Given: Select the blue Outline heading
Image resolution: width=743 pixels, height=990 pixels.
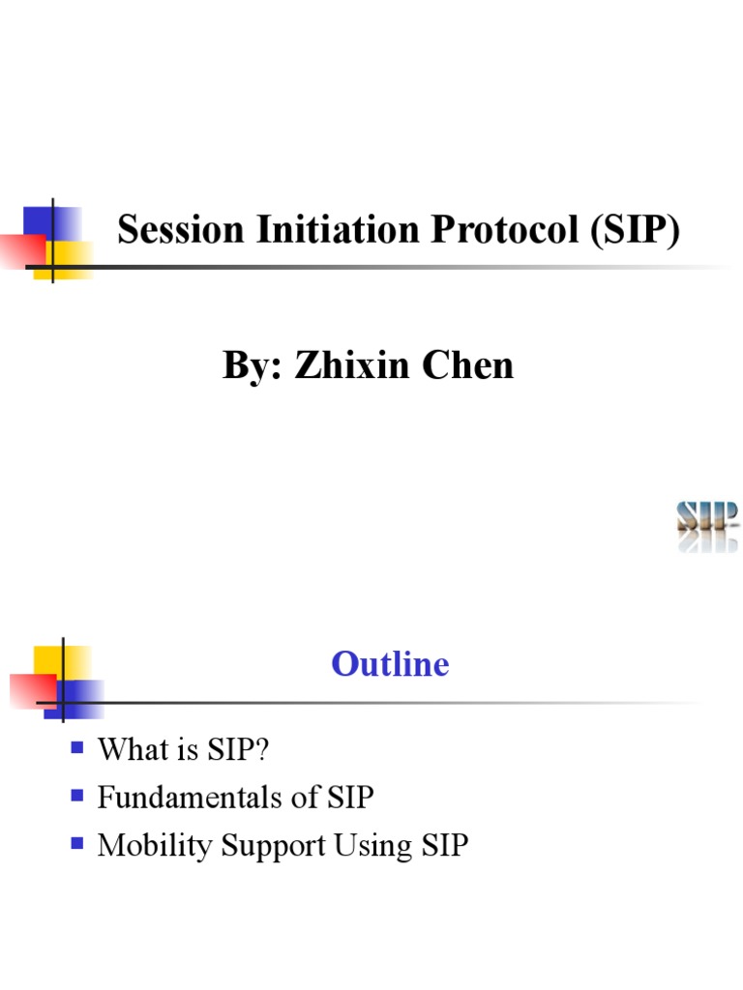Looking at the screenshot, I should pyautogui.click(x=390, y=664).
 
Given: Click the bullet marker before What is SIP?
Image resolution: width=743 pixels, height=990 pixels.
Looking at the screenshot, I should pyautogui.click(x=78, y=747).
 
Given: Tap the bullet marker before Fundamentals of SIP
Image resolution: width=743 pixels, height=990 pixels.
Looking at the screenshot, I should pyautogui.click(x=78, y=796).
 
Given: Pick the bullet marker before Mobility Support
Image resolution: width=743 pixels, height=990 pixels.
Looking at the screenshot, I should pyautogui.click(x=78, y=844).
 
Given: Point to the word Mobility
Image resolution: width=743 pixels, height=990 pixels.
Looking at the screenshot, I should pyautogui.click(x=156, y=846).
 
